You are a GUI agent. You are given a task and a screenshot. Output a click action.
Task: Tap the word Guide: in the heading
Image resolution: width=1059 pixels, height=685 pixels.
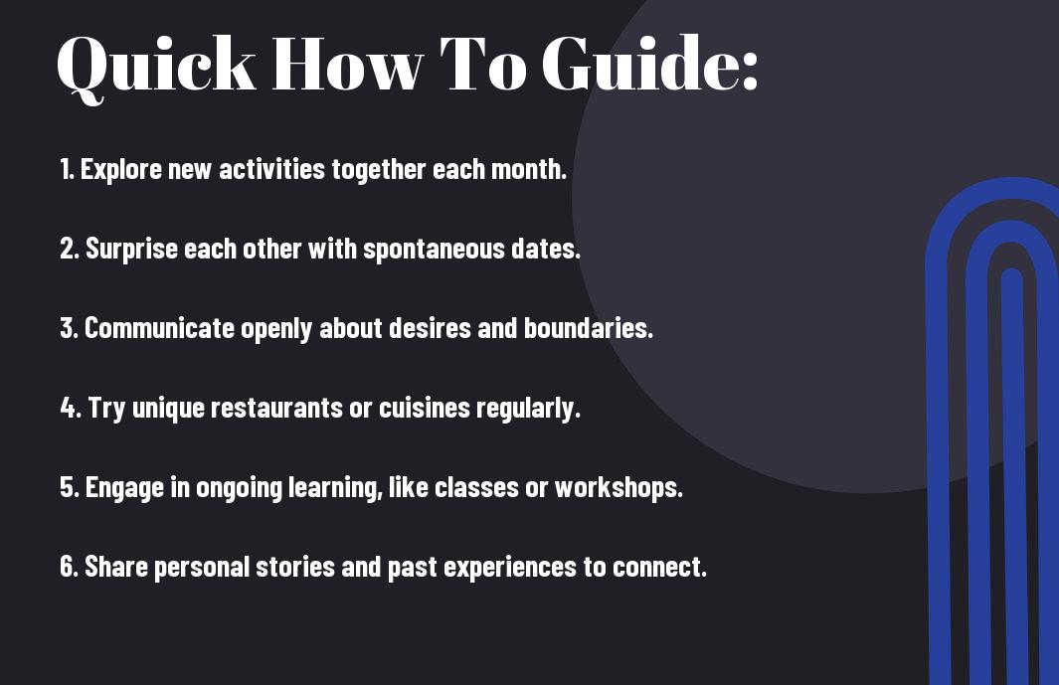click(651, 63)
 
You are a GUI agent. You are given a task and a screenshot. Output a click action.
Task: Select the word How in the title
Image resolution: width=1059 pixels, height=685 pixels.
click(347, 63)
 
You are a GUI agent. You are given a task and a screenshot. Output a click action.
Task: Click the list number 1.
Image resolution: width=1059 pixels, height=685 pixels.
click(66, 169)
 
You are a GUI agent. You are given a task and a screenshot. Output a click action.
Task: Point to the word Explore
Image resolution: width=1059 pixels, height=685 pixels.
click(121, 170)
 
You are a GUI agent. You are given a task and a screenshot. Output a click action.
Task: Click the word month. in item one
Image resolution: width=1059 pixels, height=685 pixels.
click(529, 169)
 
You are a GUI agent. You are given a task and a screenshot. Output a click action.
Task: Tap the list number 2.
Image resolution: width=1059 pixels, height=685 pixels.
click(70, 249)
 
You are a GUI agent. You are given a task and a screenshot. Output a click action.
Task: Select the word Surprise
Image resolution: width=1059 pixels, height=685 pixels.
click(131, 250)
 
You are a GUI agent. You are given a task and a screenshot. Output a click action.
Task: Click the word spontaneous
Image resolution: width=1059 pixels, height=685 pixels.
click(433, 250)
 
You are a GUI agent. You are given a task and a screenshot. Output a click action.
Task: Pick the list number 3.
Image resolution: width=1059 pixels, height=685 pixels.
click(69, 328)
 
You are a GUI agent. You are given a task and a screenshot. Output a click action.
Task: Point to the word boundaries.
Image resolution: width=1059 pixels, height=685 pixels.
click(589, 328)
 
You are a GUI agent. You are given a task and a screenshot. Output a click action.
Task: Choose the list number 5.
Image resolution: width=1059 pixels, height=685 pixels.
click(70, 487)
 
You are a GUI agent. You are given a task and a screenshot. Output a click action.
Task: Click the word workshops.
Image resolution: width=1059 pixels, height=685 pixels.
click(618, 487)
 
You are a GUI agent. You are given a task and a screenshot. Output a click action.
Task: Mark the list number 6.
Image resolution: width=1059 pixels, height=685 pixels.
click(70, 567)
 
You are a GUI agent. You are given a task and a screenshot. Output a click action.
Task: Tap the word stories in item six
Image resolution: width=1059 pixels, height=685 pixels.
click(295, 567)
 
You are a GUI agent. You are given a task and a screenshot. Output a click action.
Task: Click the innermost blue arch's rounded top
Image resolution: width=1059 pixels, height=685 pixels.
click(1011, 273)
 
